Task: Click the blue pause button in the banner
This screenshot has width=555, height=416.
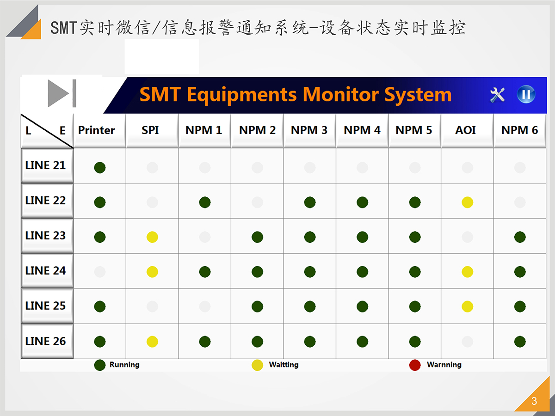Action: [526, 94]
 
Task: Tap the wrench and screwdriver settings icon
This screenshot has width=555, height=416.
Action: [497, 95]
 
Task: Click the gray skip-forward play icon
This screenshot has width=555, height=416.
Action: [62, 93]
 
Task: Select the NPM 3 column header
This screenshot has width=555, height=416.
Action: [309, 130]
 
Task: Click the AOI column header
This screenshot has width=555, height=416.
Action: [465, 130]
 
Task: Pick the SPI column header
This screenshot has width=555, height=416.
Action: [150, 130]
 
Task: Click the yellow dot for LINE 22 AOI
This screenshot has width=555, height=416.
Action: [467, 202]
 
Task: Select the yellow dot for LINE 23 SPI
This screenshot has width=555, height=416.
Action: [152, 237]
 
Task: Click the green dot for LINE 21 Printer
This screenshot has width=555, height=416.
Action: [99, 167]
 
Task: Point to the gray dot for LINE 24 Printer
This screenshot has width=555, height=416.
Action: [99, 272]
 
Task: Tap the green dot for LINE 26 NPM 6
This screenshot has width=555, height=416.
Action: [520, 342]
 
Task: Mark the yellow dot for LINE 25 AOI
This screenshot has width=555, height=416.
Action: [467, 306]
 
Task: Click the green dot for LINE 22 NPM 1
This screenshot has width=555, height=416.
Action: [205, 202]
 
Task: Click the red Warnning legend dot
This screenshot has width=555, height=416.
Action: [415, 365]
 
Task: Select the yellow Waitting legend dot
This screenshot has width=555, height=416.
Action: [257, 365]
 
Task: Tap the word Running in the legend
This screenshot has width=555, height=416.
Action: [124, 365]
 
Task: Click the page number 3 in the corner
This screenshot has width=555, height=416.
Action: [534, 401]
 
